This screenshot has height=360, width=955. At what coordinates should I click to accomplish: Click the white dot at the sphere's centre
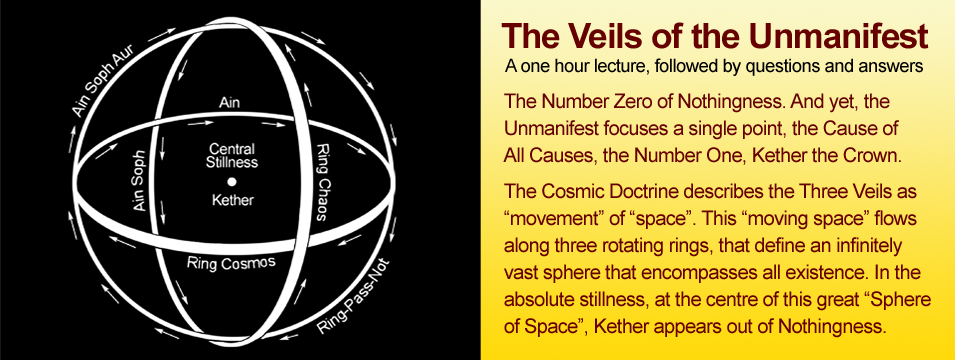(x=231, y=181)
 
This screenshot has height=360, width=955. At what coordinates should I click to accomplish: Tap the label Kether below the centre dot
(x=232, y=200)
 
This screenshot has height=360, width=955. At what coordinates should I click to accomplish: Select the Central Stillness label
(x=231, y=155)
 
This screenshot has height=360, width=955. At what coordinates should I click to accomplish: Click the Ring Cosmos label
(x=231, y=263)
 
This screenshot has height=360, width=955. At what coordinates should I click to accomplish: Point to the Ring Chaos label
(x=325, y=183)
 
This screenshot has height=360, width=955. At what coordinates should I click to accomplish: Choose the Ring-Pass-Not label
(x=354, y=297)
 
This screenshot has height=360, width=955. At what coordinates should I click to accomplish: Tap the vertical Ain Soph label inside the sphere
(x=141, y=181)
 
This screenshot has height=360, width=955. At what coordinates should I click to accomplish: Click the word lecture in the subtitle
(x=622, y=66)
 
